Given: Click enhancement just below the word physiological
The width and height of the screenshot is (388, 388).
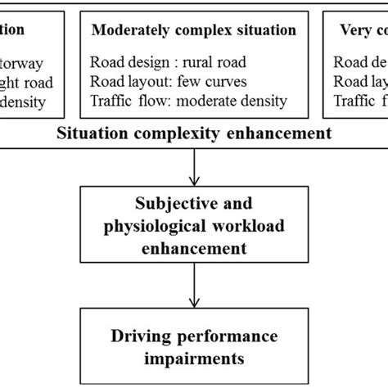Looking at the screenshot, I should [194, 245].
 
